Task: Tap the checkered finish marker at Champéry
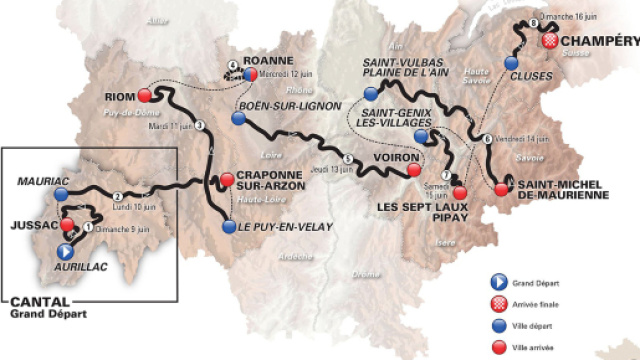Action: [551, 41]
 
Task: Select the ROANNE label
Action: [256, 58]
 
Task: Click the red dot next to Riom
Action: [144, 96]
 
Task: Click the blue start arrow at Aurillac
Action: [65, 252]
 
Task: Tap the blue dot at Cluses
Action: [512, 62]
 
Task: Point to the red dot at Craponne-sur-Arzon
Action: [227, 180]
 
